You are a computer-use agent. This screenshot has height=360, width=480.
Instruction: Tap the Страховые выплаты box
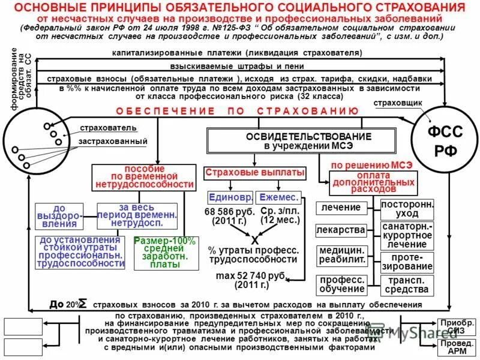pos(255,173)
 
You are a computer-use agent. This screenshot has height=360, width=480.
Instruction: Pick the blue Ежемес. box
pos(278,197)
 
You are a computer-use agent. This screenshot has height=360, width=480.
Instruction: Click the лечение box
pos(341,208)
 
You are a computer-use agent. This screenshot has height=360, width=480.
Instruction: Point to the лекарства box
pos(341,230)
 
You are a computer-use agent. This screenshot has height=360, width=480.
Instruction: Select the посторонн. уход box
pos(407,209)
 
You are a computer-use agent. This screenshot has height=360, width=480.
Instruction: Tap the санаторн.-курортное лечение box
pos(407,236)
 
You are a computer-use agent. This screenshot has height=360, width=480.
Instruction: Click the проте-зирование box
pos(407,262)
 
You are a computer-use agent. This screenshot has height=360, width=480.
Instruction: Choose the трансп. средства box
pos(407,285)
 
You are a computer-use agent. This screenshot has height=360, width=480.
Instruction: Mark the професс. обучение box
pos(341,285)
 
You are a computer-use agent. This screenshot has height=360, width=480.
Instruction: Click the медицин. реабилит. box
pos(341,256)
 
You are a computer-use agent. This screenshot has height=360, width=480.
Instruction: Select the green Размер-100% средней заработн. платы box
pos(157,253)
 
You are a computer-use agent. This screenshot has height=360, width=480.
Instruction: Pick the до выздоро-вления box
pos(64,215)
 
